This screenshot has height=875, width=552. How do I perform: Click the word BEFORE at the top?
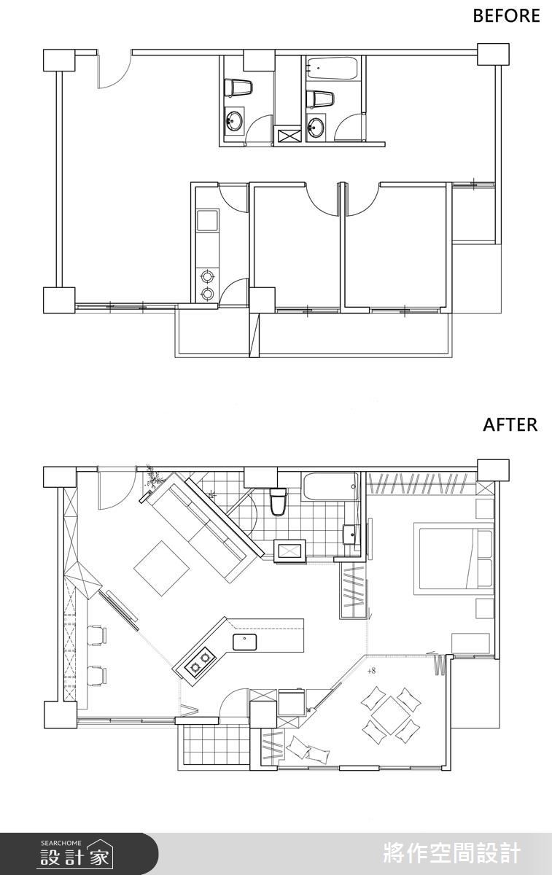(506, 15)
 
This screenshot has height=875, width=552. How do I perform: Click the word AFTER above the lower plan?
(510, 424)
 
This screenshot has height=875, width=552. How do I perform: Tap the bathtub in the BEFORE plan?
(332, 69)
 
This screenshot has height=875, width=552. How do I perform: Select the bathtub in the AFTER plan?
(331, 486)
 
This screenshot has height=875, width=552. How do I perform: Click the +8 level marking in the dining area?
(371, 671)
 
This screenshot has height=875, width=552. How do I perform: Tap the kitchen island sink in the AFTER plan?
(244, 642)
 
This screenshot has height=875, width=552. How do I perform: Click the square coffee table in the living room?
(162, 568)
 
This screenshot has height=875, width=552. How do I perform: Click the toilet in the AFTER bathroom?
(278, 502)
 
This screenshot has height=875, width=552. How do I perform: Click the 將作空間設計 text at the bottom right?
(452, 852)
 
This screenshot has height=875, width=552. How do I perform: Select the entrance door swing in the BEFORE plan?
(113, 70)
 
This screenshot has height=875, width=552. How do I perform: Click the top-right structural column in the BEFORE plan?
(493, 54)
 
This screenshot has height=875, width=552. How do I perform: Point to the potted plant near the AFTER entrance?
(154, 477)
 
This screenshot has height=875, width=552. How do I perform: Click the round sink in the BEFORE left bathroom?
(234, 121)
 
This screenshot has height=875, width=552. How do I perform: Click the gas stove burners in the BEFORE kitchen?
(207, 284)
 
